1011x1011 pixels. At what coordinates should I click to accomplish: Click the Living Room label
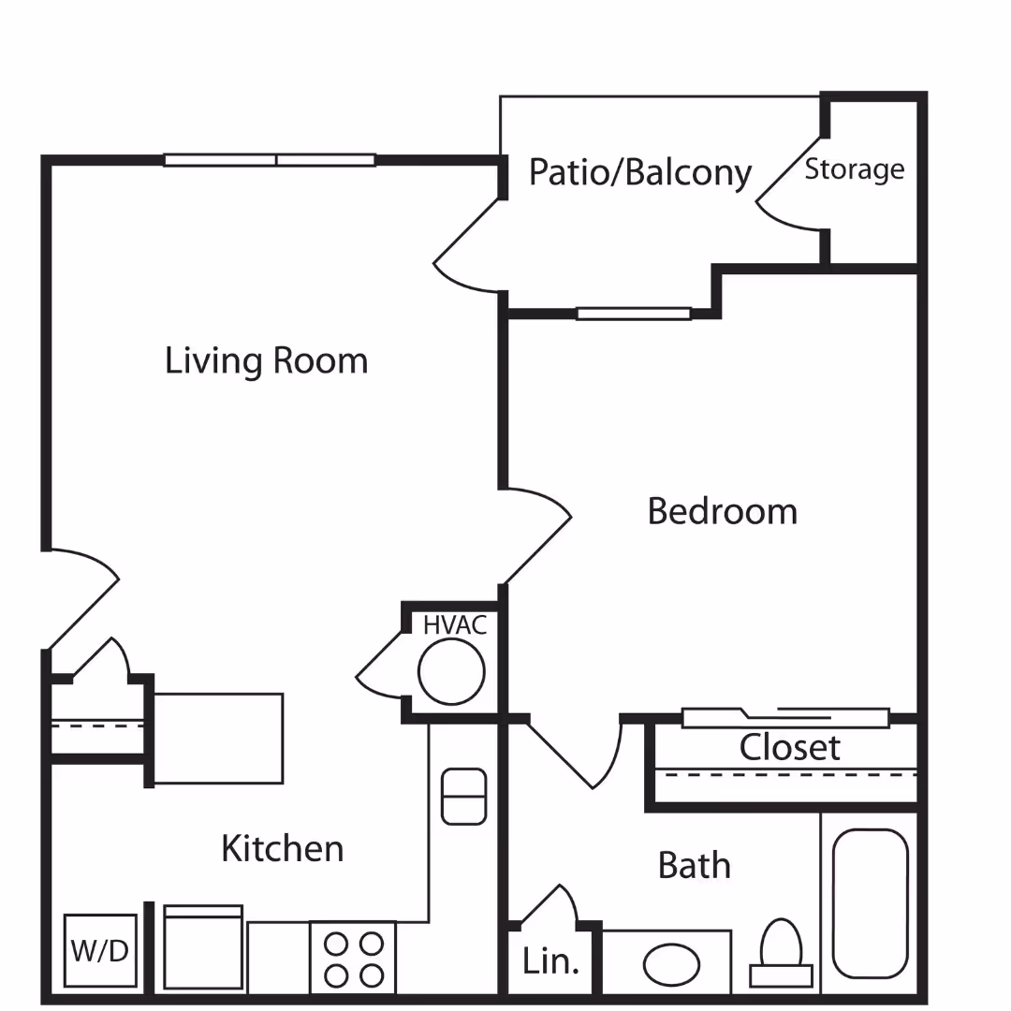pyautogui.click(x=266, y=361)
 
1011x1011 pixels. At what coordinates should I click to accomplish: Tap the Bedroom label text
pyautogui.click(x=722, y=511)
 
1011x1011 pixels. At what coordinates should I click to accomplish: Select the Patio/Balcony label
pyautogui.click(x=640, y=173)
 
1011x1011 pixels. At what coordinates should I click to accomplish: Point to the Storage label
pyautogui.click(x=855, y=169)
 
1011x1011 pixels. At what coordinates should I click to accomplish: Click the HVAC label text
pyautogui.click(x=455, y=625)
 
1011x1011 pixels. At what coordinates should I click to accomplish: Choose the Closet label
pyautogui.click(x=789, y=747)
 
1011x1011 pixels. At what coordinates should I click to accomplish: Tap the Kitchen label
pyautogui.click(x=282, y=848)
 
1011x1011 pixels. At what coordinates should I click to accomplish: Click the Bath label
pyautogui.click(x=694, y=865)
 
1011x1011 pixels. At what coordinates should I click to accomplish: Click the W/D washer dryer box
pyautogui.click(x=100, y=950)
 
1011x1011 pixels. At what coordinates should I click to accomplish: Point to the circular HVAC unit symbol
pyautogui.click(x=451, y=671)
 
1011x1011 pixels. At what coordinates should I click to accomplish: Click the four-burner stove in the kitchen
pyautogui.click(x=353, y=958)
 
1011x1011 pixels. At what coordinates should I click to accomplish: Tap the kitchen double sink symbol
pyautogui.click(x=463, y=797)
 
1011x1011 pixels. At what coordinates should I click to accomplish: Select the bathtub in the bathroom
pyautogui.click(x=870, y=903)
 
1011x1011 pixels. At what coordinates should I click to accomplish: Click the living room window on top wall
pyautogui.click(x=270, y=160)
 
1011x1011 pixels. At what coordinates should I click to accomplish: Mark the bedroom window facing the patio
pyautogui.click(x=634, y=314)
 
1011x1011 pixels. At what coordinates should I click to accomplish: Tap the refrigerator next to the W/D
pyautogui.click(x=203, y=947)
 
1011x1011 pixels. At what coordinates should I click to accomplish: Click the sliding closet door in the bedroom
pyautogui.click(x=784, y=718)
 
